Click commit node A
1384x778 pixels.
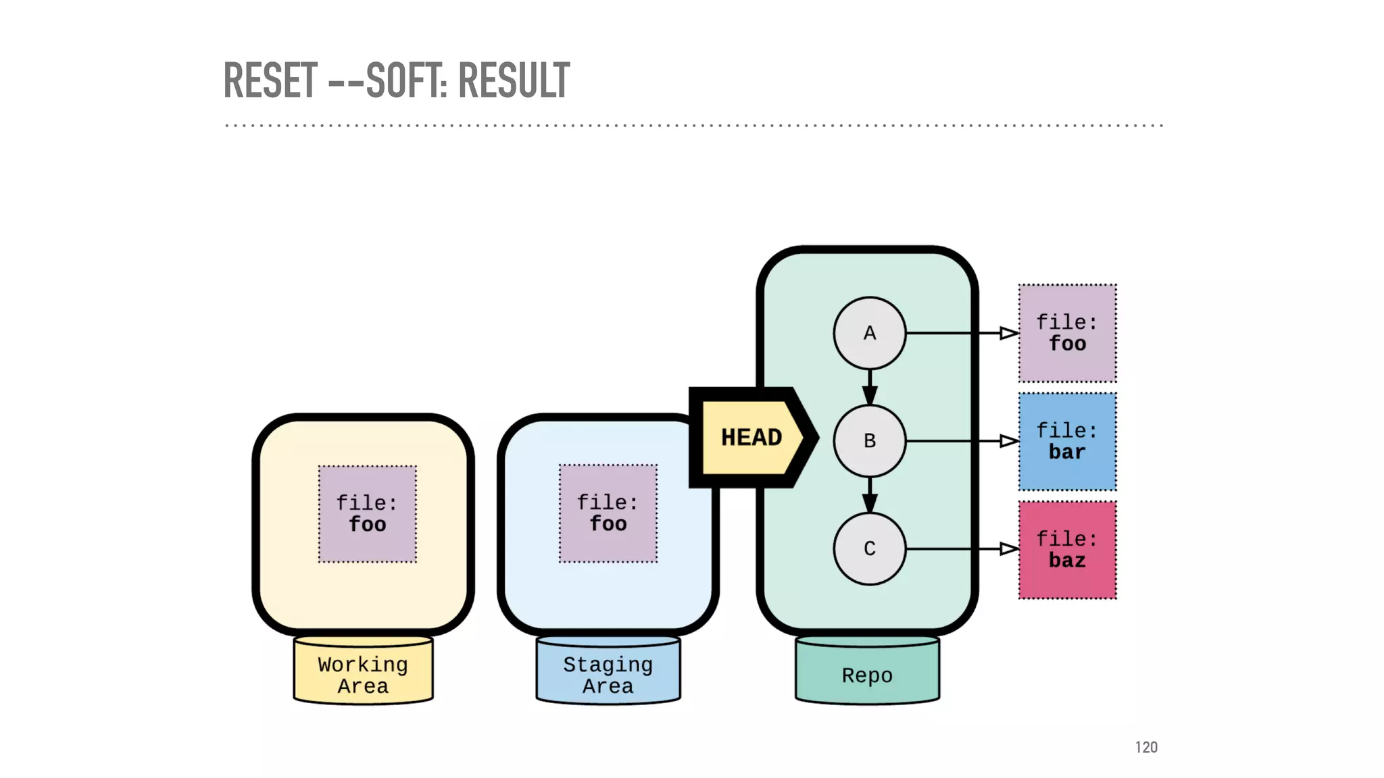[x=869, y=333]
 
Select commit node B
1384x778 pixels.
[x=869, y=441]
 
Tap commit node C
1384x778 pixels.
[x=869, y=548]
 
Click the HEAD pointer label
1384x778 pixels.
[x=751, y=438]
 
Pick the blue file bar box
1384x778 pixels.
[x=1067, y=442]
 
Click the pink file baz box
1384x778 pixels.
[x=1067, y=550]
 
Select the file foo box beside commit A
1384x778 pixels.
[x=1067, y=333]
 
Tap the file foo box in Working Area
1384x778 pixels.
[x=367, y=514]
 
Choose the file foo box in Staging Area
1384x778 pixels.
[x=608, y=513]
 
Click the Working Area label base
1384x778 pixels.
[x=363, y=675]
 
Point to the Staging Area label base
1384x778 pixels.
[x=608, y=675]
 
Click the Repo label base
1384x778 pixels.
[x=867, y=675]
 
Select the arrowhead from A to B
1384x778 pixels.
[x=870, y=394]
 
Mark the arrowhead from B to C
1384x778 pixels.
[x=870, y=502]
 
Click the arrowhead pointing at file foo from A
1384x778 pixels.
[x=1008, y=333]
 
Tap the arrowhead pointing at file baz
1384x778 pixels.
[x=1008, y=548]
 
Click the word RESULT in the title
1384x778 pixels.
[x=514, y=80]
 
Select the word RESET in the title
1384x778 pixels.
[x=270, y=80]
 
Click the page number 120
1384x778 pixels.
[x=1146, y=747]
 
